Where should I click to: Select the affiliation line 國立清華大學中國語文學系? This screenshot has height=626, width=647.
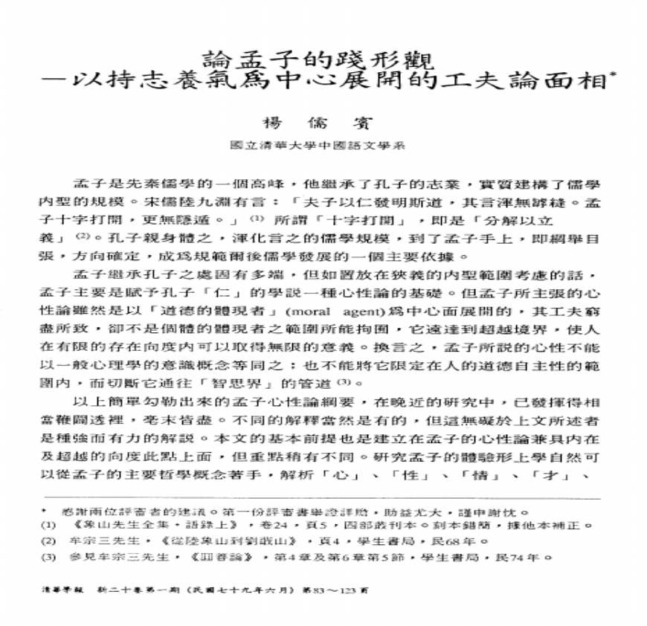point(321,147)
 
